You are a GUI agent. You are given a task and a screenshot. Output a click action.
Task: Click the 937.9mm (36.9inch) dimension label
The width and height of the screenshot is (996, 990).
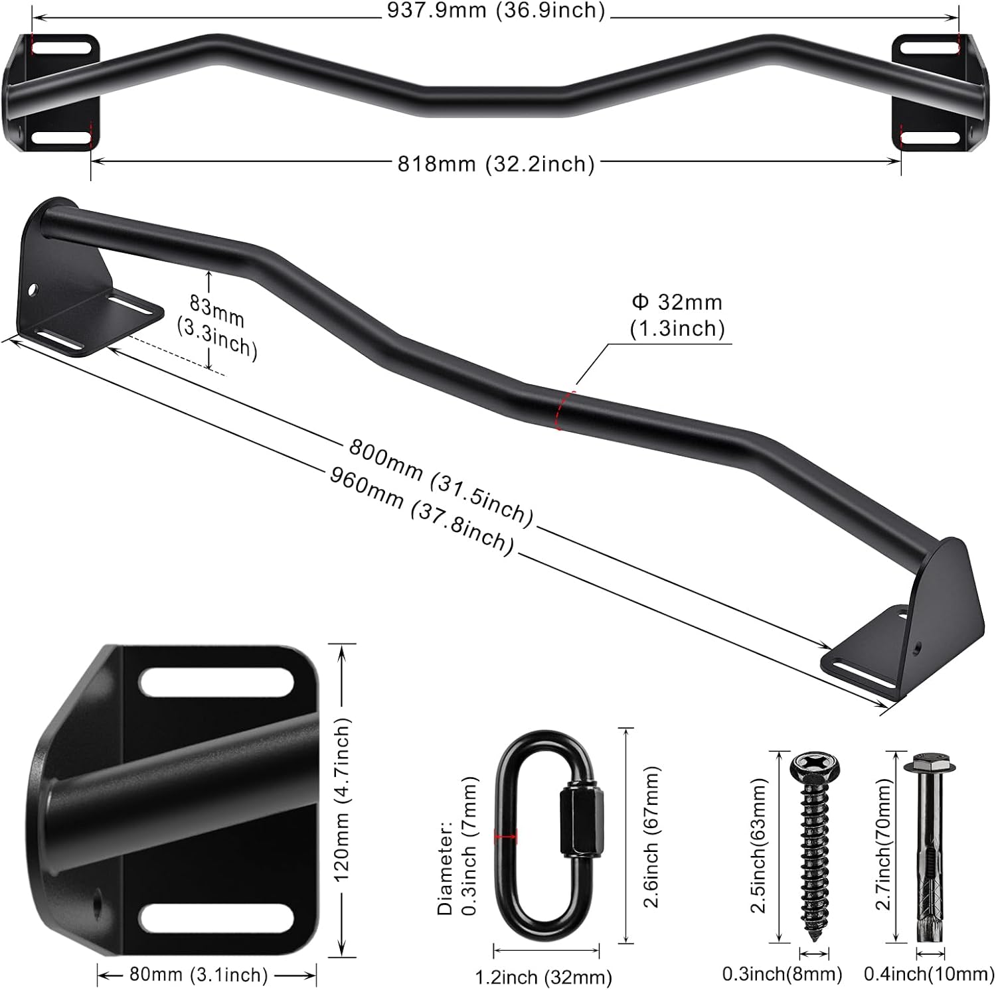[x=496, y=10]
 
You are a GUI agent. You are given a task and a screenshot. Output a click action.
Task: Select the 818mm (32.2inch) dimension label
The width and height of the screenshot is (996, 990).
[x=495, y=163]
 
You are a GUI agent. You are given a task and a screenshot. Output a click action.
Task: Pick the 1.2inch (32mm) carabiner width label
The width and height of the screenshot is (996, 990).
[x=543, y=977]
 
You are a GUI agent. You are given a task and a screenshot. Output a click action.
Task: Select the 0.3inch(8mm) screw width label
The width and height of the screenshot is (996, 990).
[x=782, y=974]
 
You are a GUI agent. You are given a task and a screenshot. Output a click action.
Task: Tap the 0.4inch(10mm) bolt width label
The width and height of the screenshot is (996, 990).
[x=928, y=974]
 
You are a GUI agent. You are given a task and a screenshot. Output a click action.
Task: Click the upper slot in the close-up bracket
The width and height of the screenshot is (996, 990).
[x=216, y=682]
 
